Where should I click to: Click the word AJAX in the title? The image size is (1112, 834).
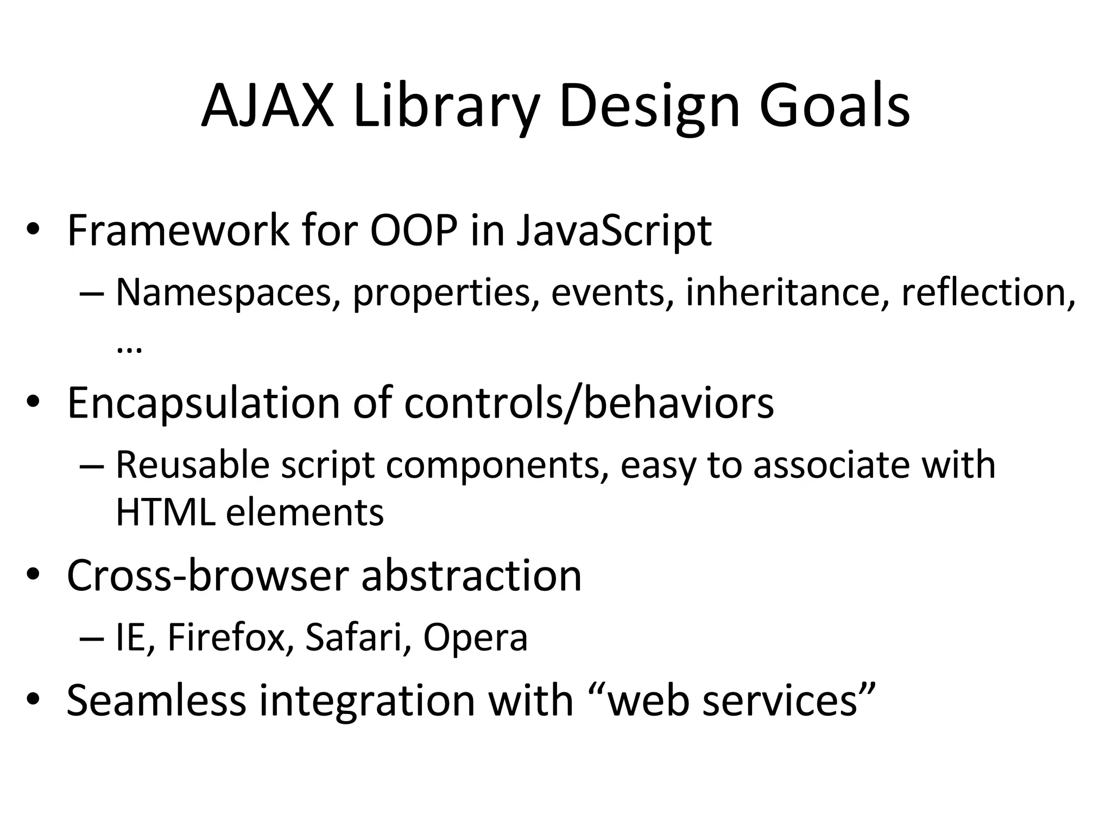267,106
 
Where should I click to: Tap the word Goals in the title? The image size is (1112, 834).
834,106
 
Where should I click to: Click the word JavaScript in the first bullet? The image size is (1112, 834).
614,231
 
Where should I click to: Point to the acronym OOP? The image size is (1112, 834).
414,231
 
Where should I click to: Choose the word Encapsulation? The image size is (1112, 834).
203,404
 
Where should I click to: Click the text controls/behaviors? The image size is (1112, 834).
589,404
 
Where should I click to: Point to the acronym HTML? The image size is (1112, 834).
165,513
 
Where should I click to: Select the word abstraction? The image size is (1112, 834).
471,577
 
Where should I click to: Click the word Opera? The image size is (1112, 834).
475,637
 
